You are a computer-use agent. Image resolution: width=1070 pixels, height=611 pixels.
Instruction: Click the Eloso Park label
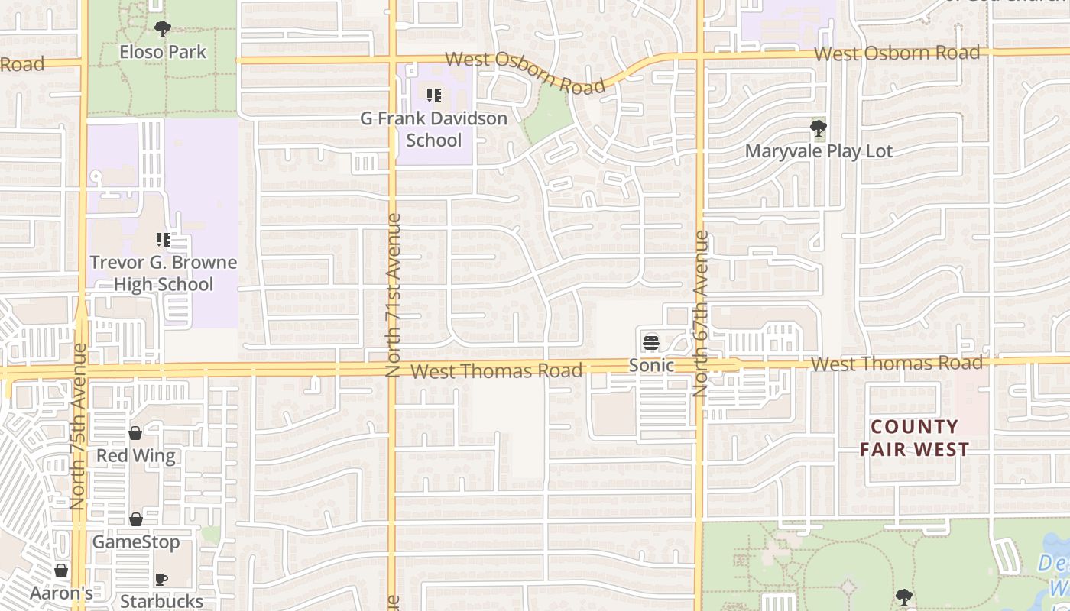click(163, 53)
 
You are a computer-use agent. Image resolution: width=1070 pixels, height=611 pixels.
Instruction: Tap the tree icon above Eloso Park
click(162, 29)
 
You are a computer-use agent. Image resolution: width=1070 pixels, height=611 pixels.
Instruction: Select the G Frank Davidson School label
click(434, 129)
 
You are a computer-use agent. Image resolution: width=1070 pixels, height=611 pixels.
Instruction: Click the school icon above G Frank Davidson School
click(434, 95)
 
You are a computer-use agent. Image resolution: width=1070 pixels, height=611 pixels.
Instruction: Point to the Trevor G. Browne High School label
click(164, 273)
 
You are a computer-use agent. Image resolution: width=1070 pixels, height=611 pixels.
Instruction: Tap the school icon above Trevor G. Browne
click(163, 240)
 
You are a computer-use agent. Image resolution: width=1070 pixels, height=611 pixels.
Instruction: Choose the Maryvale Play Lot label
click(819, 151)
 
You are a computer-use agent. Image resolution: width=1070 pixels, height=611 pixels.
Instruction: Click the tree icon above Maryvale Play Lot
click(819, 127)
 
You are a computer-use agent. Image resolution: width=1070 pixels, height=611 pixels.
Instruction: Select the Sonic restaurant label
click(651, 366)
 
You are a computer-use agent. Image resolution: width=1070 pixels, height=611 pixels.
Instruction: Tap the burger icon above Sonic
click(651, 342)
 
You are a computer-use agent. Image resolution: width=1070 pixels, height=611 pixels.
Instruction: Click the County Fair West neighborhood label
click(914, 438)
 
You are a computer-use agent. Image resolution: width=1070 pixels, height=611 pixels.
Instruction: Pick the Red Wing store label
click(136, 456)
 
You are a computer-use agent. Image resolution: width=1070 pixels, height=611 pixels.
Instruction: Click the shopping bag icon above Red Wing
click(135, 433)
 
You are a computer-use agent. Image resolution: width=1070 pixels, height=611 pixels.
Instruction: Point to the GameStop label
click(136, 542)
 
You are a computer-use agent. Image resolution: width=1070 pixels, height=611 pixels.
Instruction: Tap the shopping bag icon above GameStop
click(136, 519)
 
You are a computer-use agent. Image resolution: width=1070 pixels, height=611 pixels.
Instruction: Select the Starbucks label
click(162, 601)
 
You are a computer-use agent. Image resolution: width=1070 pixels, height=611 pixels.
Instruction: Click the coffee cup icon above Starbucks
click(161, 578)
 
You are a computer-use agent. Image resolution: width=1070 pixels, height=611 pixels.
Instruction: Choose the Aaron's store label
click(62, 593)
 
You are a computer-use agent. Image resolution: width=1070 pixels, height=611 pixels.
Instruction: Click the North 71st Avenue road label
click(394, 295)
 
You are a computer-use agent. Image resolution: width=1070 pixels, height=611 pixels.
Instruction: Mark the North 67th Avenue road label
click(702, 313)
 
